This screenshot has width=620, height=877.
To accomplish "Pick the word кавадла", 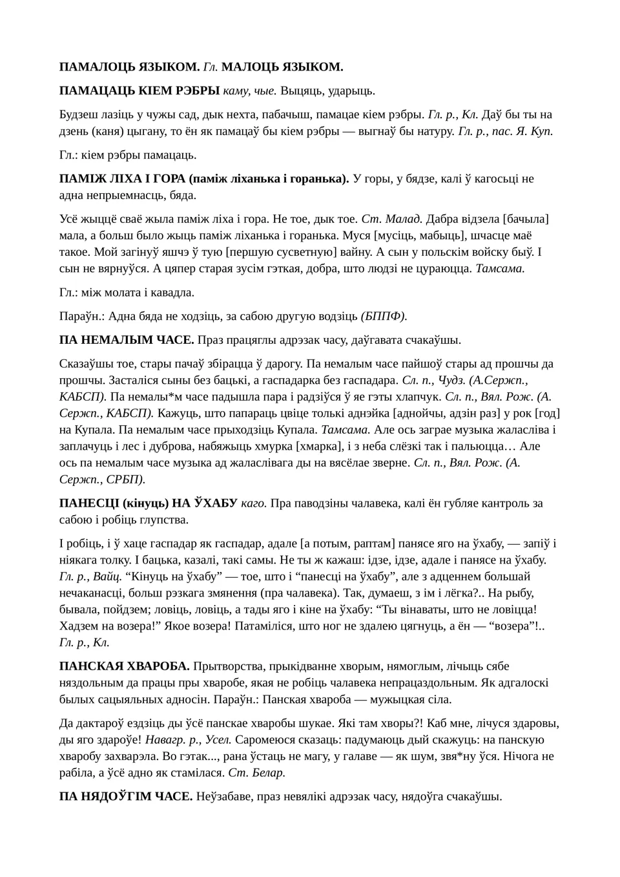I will coord(172,292).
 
